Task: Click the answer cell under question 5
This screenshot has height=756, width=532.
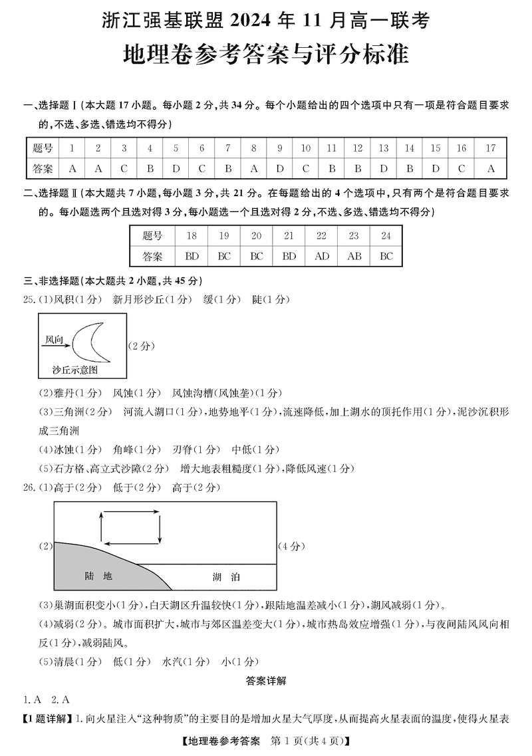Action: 176,169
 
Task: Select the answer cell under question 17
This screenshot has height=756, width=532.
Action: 491,169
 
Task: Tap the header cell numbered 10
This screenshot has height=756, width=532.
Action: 305,148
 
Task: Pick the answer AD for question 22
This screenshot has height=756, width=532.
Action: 321,256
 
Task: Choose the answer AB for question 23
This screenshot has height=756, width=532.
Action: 354,256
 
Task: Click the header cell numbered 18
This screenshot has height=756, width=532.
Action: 192,236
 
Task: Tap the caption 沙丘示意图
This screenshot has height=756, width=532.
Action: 74,368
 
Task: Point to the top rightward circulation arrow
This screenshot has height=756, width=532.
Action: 131,513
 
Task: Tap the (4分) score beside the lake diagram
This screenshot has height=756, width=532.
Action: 291,547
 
